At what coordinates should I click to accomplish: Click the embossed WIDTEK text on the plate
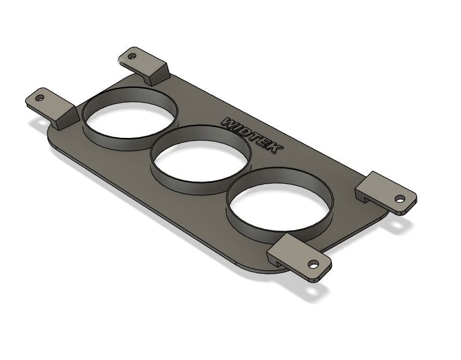[252, 135]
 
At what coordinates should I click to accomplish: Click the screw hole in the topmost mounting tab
[131, 56]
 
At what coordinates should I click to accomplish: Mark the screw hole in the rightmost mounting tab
[399, 198]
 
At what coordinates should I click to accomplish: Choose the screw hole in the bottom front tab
[313, 264]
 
